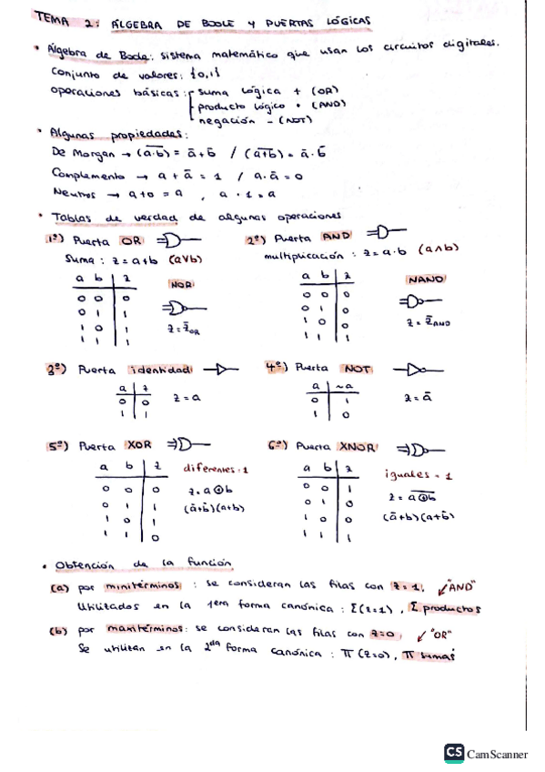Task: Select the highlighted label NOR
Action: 182,284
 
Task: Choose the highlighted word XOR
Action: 138,446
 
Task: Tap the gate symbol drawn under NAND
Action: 419,301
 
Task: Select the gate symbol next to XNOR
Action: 423,448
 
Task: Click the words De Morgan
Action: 80,154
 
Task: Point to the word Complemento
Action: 87,173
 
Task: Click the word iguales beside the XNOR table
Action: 405,474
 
